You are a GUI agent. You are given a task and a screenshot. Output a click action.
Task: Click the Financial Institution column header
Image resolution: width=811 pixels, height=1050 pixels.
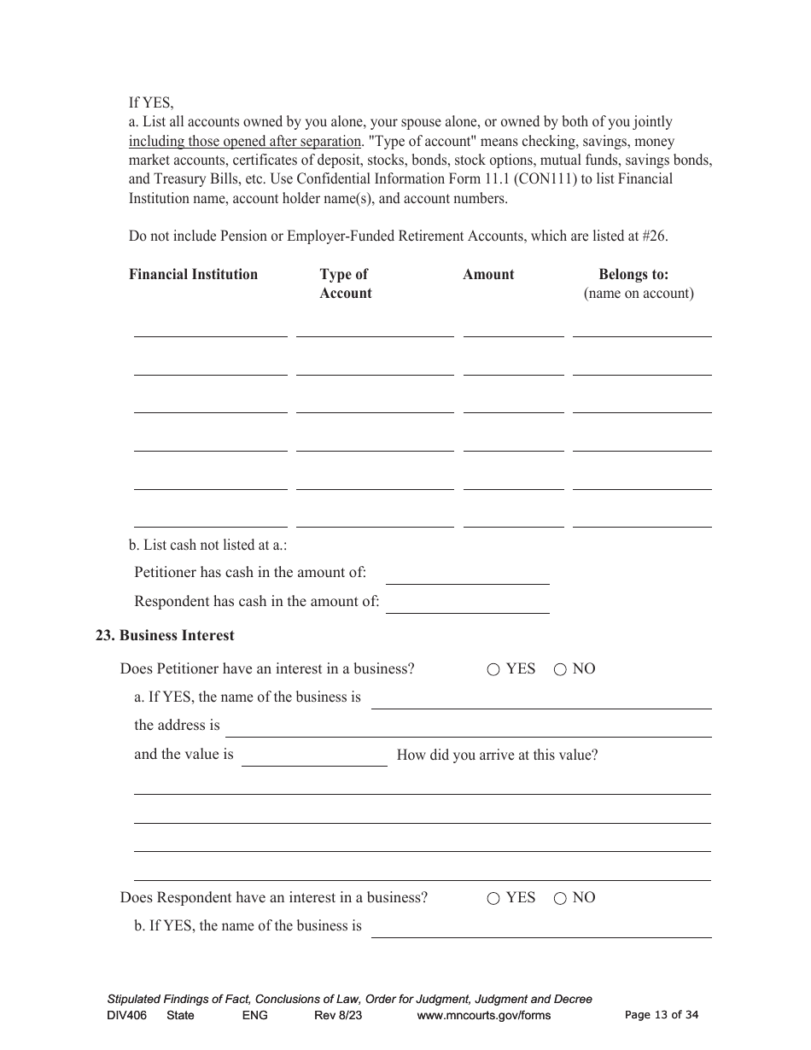pos(193,274)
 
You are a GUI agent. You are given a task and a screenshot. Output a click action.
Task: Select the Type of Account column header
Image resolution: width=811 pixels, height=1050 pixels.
pos(345,283)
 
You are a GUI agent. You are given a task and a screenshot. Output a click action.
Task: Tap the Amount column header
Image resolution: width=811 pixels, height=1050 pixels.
pos(488,274)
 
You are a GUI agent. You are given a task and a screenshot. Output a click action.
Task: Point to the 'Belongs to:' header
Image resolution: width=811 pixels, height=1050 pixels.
pos(633,274)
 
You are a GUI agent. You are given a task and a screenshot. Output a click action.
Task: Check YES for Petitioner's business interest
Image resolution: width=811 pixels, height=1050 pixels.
pos(493,670)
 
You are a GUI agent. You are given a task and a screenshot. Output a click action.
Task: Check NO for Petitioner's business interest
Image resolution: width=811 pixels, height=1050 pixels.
pos(560,670)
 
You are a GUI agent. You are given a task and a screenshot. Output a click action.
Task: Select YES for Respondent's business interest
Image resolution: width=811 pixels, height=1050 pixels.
pos(493,899)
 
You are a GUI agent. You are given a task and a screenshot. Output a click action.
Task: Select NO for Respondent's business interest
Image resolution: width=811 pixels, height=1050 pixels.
pos(560,899)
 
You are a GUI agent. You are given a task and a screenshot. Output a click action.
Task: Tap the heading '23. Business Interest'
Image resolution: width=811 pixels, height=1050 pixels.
pos(165,635)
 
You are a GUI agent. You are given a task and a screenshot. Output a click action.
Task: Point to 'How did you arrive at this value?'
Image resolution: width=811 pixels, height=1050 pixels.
pos(497,755)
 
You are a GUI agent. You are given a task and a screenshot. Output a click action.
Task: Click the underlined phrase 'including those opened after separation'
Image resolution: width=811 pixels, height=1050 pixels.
pos(245,142)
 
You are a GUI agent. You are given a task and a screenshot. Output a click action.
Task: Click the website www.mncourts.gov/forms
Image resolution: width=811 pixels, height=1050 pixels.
pos(483,1015)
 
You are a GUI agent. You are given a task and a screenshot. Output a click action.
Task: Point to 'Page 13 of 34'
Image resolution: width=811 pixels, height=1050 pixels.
pos(661,1015)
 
